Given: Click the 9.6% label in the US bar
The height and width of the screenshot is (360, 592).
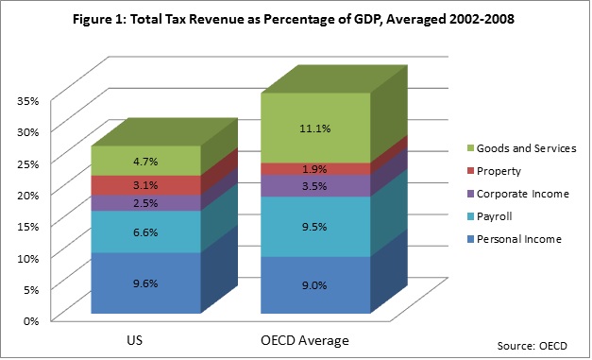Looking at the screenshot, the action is click(x=145, y=283).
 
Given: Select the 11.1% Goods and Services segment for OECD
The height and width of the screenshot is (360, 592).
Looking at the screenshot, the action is click(x=315, y=129).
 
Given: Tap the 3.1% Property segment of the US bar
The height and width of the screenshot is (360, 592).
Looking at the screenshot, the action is click(x=145, y=185).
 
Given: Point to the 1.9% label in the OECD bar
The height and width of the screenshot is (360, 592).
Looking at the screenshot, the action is click(x=314, y=169).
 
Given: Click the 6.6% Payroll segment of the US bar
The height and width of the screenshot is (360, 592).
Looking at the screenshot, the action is click(x=145, y=231).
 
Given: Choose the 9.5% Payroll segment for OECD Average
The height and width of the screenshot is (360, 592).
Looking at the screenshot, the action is click(x=315, y=227).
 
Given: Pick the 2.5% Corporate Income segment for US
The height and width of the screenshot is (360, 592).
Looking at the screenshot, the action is click(x=145, y=203).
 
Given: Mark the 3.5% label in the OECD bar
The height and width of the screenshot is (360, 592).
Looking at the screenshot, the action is click(x=314, y=186).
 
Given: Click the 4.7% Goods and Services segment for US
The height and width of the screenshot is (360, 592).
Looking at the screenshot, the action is click(x=145, y=161).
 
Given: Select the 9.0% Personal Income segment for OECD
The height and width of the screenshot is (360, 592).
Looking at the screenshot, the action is click(x=315, y=285).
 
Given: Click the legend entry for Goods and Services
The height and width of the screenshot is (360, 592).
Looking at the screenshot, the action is click(x=522, y=148).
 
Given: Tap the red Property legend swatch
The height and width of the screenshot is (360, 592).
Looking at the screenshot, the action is click(x=470, y=171).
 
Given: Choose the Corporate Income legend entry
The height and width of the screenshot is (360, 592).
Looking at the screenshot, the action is click(x=518, y=194).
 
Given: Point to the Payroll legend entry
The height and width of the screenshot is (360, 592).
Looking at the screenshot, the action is click(x=490, y=216).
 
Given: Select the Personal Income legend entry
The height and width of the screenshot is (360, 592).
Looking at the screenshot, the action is click(x=515, y=239).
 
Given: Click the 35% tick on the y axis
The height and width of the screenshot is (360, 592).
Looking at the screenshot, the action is click(x=27, y=101).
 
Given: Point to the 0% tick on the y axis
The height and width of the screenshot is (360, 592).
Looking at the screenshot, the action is click(x=31, y=321).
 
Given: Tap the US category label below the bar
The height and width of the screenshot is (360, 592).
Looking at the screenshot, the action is click(x=135, y=340).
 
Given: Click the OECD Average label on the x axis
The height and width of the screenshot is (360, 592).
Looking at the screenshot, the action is click(x=305, y=340).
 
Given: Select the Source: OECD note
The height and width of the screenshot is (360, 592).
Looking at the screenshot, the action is click(x=532, y=346).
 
